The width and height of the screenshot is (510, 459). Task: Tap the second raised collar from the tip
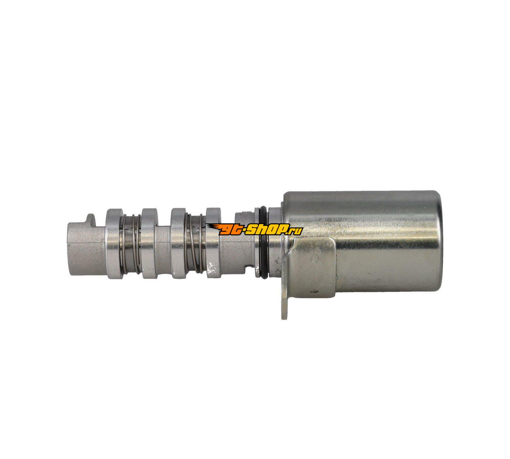click(x=149, y=243)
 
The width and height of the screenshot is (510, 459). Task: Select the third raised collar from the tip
click(x=179, y=243)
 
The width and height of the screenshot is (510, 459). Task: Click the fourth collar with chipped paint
click(x=213, y=243)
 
